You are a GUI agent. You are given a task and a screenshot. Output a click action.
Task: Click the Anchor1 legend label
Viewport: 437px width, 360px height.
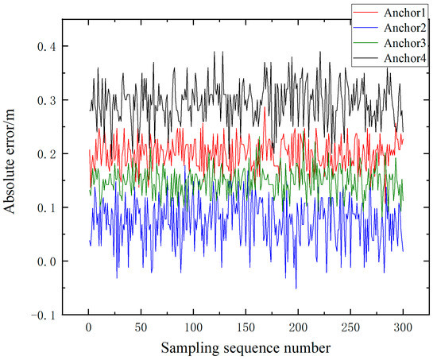pyautogui.click(x=405, y=12)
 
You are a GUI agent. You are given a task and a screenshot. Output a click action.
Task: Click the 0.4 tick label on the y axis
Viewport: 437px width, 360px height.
pyautogui.click(x=48, y=47)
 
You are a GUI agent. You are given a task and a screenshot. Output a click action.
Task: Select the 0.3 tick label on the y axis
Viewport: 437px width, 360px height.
pyautogui.click(x=48, y=101)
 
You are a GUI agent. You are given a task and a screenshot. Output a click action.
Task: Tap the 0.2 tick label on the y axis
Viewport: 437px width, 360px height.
pyautogui.click(x=48, y=154)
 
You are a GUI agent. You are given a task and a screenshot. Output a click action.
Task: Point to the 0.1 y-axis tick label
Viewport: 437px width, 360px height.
pyautogui.click(x=48, y=208)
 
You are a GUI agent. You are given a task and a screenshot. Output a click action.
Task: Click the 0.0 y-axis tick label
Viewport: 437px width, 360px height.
pyautogui.click(x=48, y=261)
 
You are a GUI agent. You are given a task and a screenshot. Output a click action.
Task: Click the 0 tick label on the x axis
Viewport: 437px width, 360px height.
pyautogui.click(x=89, y=327)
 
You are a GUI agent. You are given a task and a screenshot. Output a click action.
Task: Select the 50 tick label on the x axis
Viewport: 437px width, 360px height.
pyautogui.click(x=141, y=327)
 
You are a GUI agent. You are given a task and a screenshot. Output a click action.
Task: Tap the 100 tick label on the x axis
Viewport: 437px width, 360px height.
pyautogui.click(x=193, y=327)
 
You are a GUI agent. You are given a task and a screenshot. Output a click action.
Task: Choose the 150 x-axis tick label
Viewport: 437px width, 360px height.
pyautogui.click(x=246, y=327)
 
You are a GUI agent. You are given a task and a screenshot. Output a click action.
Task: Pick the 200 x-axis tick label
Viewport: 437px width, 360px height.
pyautogui.click(x=297, y=327)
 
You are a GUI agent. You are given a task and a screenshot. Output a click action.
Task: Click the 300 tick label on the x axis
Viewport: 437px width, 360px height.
pyautogui.click(x=401, y=327)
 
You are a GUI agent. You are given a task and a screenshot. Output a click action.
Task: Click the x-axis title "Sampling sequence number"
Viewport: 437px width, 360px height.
pyautogui.click(x=245, y=347)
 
